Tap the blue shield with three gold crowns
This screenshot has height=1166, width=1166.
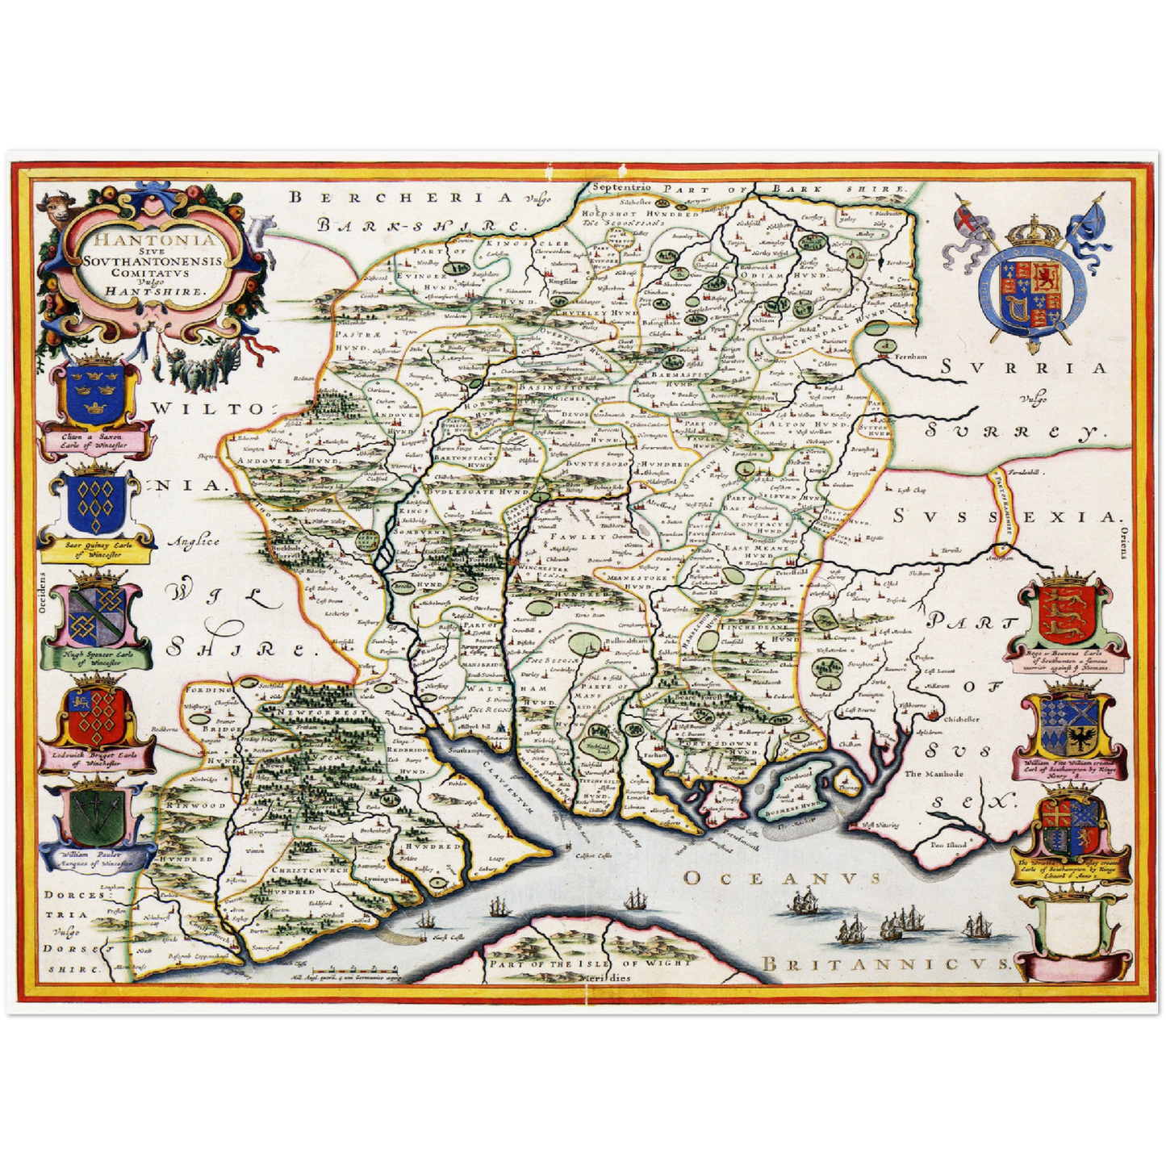coord(94,389)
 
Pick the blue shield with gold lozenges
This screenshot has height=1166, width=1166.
coord(96,502)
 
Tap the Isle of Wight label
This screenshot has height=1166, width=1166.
coord(588,963)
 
